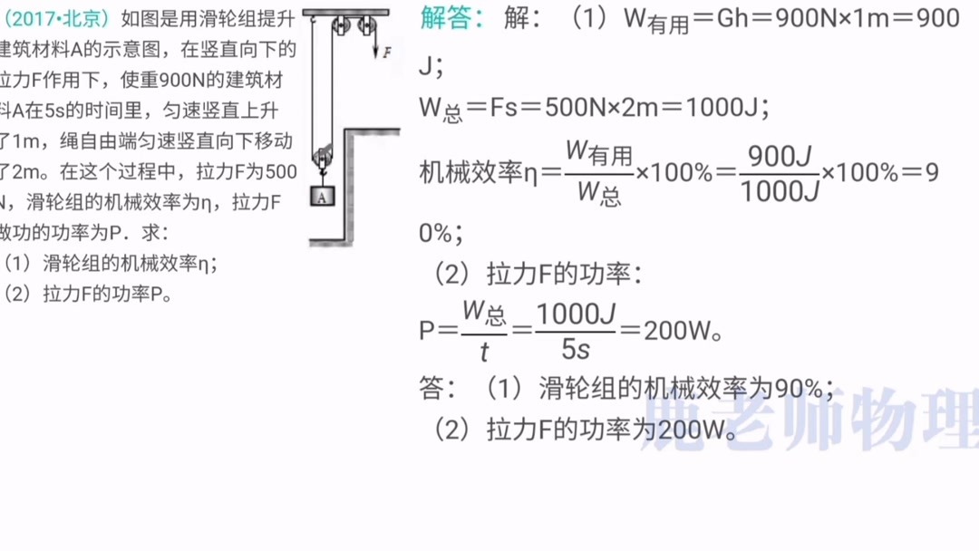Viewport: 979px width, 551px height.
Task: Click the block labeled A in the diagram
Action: click(323, 197)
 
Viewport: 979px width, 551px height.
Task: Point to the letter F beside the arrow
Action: click(387, 53)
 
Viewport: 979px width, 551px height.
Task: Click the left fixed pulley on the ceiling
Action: click(338, 25)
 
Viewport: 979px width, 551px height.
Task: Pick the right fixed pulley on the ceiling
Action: click(366, 25)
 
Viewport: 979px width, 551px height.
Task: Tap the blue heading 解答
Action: click(451, 17)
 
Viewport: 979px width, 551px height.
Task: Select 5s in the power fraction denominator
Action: click(576, 348)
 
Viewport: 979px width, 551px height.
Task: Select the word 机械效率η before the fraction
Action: click(479, 172)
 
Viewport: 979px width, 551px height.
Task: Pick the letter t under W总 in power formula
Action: click(485, 350)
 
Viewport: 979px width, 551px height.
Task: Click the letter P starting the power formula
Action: click(428, 330)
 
